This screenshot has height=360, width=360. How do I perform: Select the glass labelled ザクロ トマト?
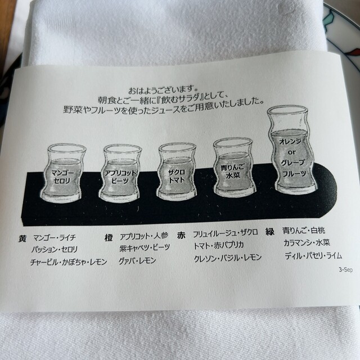[x=177, y=172]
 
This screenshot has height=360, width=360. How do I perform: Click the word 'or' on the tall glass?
[x=291, y=152]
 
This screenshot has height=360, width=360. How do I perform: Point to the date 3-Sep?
[x=346, y=269]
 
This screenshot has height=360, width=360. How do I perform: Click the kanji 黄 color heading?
[x=22, y=238]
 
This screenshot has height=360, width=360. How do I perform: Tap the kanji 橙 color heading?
[x=109, y=238]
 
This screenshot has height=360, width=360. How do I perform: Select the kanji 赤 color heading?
[x=181, y=236]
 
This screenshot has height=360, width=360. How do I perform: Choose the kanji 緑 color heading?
[x=270, y=232]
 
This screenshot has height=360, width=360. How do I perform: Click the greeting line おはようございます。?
[x=163, y=90]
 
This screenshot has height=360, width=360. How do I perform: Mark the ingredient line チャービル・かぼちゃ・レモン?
[x=69, y=262]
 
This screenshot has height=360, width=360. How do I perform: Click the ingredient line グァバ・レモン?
[x=137, y=260]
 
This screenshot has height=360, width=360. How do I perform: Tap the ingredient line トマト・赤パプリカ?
[x=219, y=246]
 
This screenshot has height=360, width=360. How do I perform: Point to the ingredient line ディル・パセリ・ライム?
[x=313, y=255]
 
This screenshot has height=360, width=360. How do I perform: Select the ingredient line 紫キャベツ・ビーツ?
[x=145, y=247]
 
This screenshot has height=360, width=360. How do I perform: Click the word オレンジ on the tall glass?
[x=290, y=141]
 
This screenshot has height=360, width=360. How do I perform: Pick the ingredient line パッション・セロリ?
[x=55, y=249]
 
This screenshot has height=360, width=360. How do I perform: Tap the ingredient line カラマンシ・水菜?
[x=307, y=242]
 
